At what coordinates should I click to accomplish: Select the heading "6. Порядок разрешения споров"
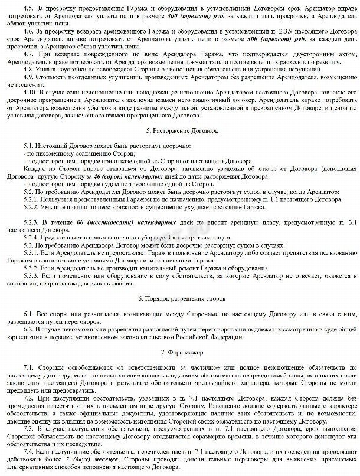[180, 300]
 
